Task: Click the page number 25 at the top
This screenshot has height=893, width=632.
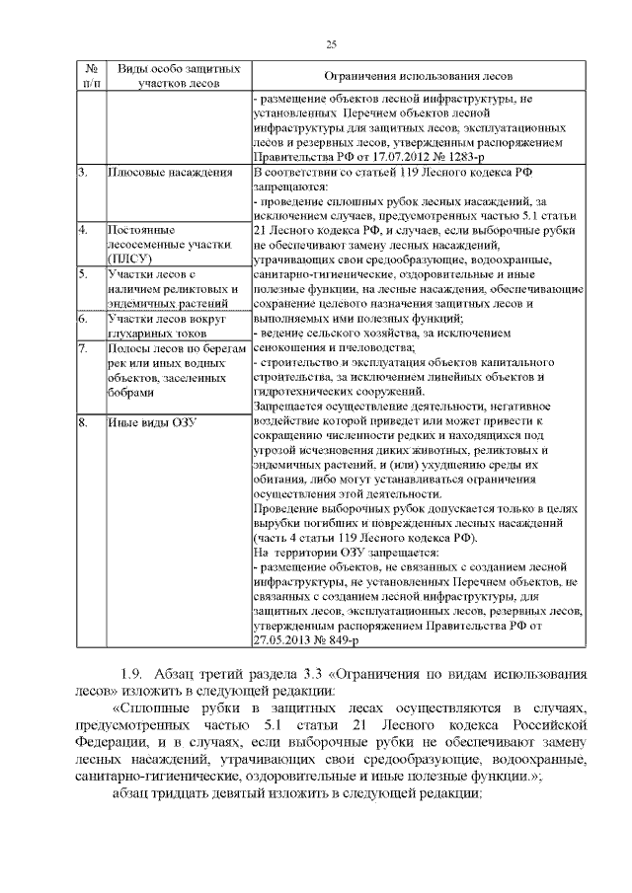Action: click(x=331, y=42)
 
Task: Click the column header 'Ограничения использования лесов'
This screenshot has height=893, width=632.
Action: click(x=419, y=76)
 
